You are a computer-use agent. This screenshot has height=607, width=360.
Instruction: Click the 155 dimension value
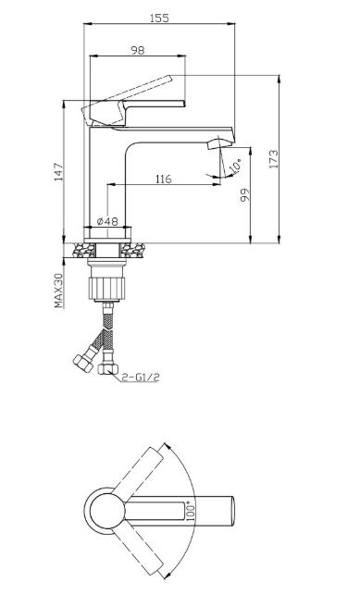coord(159,19)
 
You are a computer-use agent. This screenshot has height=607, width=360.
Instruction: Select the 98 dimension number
coord(137,50)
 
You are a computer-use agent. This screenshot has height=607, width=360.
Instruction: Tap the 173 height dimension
coord(274,159)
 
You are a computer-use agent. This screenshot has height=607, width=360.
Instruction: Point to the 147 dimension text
coord(58,172)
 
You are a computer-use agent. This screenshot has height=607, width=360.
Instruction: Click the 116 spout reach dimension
coord(164,180)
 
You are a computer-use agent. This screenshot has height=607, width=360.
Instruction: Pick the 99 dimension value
coord(245,194)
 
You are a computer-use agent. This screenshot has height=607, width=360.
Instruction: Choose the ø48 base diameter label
coord(107,221)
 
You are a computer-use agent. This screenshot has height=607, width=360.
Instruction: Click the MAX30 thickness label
coord(58,291)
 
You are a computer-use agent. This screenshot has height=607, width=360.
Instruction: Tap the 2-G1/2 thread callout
coord(141,377)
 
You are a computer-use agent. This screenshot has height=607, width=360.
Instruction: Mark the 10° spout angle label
coord(235,166)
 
